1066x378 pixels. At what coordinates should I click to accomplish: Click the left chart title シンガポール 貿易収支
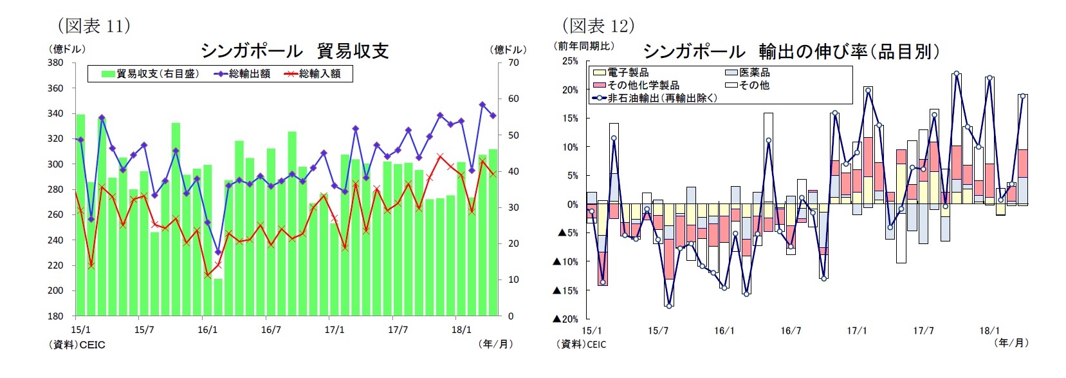295,51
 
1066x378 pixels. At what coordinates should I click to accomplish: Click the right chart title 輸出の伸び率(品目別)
791,52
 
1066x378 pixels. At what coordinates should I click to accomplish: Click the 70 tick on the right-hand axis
513,63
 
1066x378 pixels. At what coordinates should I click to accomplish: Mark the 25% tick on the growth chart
570,61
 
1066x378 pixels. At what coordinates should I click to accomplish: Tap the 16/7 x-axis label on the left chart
271,330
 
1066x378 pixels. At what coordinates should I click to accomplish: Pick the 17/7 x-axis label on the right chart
923,330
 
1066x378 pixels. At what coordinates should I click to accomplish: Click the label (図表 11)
94,25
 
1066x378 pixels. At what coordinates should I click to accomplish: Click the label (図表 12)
598,25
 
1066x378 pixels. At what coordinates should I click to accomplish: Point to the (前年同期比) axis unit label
584,46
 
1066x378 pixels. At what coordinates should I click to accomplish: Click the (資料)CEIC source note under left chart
77,345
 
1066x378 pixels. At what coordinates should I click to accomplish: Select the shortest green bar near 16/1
218,297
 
